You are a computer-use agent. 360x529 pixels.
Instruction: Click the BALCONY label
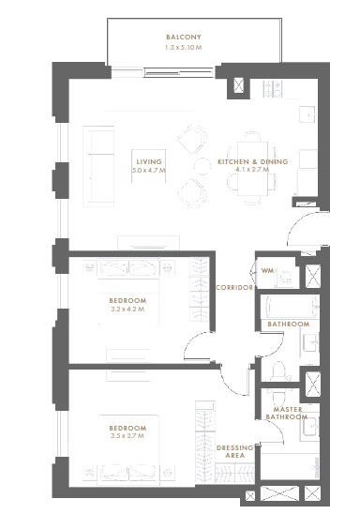pyautogui.click(x=183, y=38)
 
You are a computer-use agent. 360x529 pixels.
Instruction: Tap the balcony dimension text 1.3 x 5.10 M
pyautogui.click(x=183, y=47)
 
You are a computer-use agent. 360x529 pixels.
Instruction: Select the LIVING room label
pyautogui.click(x=149, y=162)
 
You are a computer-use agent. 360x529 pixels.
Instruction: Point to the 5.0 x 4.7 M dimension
pyautogui.click(x=149, y=172)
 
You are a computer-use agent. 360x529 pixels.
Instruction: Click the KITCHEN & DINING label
pyautogui.click(x=252, y=162)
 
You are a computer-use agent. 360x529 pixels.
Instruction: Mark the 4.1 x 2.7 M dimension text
pyautogui.click(x=252, y=172)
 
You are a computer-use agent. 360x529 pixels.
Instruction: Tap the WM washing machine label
pyautogui.click(x=267, y=271)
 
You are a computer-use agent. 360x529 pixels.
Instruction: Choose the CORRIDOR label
pyautogui.click(x=234, y=288)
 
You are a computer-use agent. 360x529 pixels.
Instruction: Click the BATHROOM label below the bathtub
pyautogui.click(x=288, y=325)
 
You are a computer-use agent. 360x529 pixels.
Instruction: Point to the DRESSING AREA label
pyautogui.click(x=234, y=452)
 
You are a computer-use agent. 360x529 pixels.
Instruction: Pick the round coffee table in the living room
pyautogui.click(x=201, y=166)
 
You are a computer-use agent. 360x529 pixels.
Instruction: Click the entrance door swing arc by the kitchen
pyautogui.click(x=305, y=230)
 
